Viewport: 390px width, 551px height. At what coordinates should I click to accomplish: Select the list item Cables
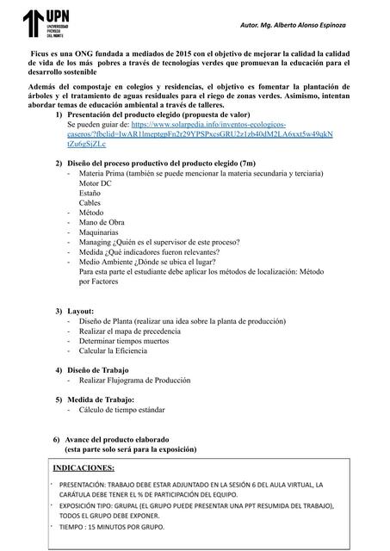coord(90,203)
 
